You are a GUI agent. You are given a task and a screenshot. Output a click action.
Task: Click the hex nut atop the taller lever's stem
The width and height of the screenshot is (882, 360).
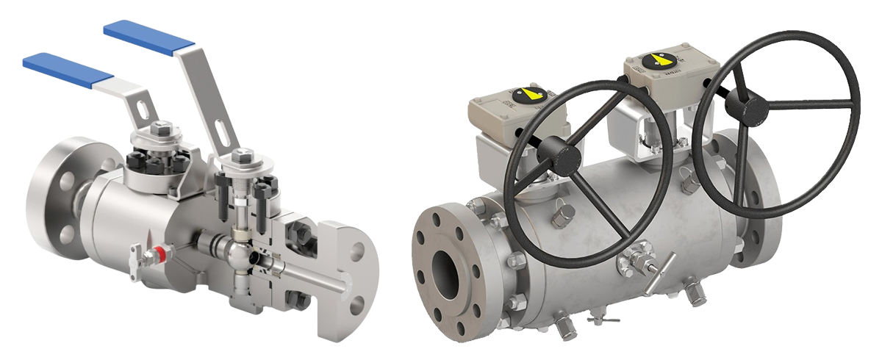click(x=242, y=156)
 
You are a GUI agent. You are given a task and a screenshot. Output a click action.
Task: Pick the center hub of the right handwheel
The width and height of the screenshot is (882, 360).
click(x=743, y=107)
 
